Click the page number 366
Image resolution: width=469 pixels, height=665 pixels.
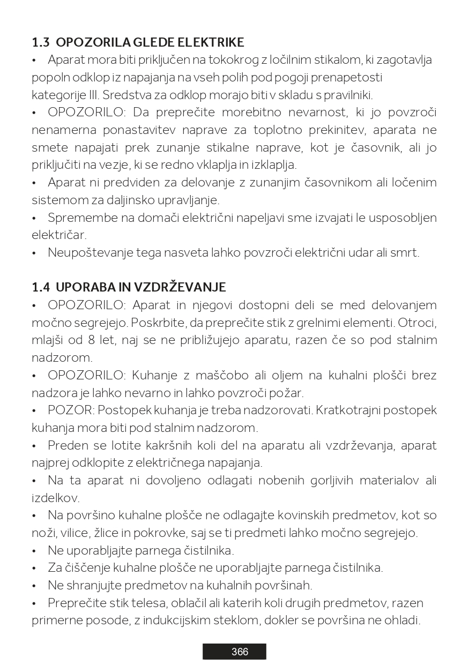pyautogui.click(x=240, y=652)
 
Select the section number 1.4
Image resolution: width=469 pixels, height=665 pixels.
pyautogui.click(x=41, y=287)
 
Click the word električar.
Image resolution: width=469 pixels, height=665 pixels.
pyautogui.click(x=59, y=235)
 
